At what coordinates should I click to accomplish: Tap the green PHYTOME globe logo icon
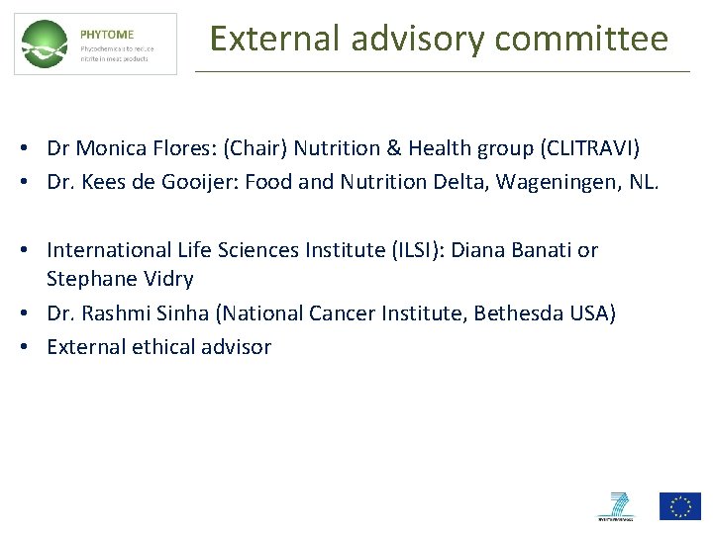[x=46, y=44]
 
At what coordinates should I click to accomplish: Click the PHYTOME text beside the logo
[x=106, y=34]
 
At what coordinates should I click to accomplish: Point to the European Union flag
[x=680, y=505]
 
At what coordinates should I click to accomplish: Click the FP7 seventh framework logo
[x=614, y=505]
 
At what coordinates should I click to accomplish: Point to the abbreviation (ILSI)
[x=416, y=250]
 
